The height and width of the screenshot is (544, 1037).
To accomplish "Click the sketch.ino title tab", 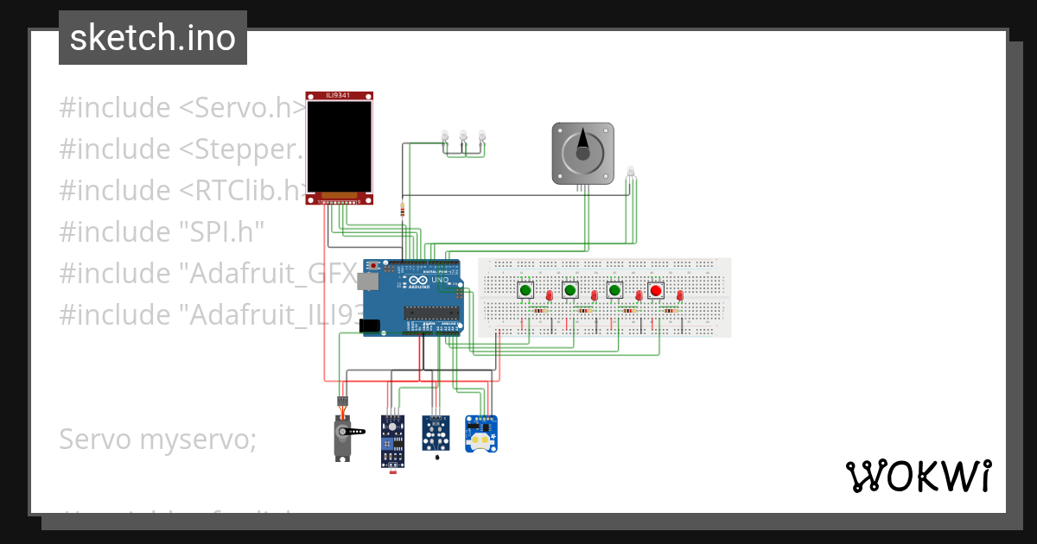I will [x=153, y=38].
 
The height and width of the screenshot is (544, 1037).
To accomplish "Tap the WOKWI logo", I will [x=918, y=476].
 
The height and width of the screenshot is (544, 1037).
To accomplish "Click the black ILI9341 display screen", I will [x=340, y=147].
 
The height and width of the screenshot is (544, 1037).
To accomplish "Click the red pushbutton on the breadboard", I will [x=656, y=290].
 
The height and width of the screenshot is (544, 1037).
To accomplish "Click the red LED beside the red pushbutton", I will [x=680, y=296].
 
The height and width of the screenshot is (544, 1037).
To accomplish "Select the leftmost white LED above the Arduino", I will [x=445, y=136].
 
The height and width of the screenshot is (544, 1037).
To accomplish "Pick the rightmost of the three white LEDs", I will [x=481, y=136].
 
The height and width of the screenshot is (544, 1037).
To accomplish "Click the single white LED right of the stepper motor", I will [x=631, y=171].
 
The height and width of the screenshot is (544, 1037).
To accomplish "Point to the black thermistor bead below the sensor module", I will [x=436, y=458].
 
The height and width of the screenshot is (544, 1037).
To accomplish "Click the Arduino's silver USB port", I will [x=370, y=281].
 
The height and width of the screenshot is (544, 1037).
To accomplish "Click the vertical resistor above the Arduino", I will [x=402, y=208].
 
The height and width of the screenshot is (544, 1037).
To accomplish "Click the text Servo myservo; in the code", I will [x=157, y=440].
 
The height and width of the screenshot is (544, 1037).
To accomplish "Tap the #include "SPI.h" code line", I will [x=162, y=231].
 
